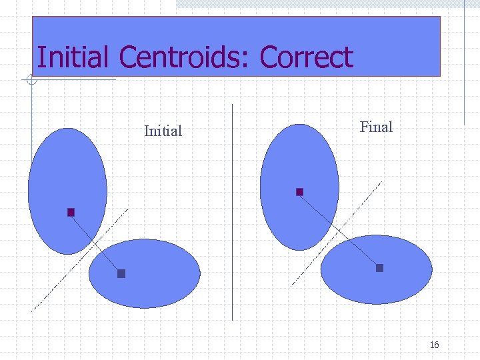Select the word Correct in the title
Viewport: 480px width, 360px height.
(306, 57)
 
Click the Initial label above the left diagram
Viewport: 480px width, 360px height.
(163, 131)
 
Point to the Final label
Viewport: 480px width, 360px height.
(376, 127)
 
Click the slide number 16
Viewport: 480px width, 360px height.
(434, 345)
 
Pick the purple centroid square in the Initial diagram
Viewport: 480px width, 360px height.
(71, 212)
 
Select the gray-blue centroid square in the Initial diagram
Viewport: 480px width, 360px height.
(121, 273)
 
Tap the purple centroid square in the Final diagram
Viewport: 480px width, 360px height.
(299, 192)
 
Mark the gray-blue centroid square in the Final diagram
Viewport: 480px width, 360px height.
(379, 268)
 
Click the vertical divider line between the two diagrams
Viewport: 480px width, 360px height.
(232, 213)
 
